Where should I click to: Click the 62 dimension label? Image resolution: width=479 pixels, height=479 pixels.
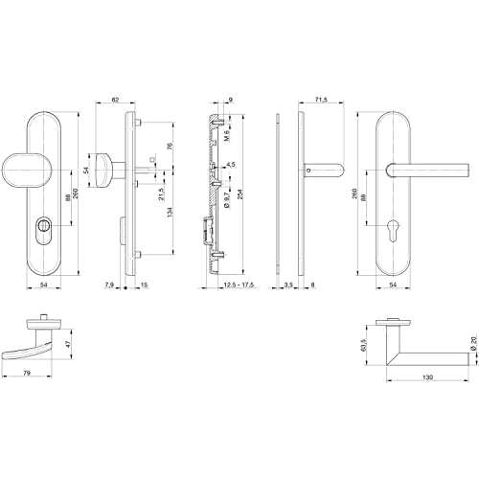[x=115, y=100]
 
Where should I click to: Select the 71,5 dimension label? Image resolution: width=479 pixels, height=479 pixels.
[x=321, y=100]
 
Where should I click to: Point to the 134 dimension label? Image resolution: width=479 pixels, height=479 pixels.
[x=171, y=213]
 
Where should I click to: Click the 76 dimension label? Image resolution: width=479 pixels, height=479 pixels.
[x=171, y=147]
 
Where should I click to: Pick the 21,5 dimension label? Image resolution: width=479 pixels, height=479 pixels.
[x=162, y=194]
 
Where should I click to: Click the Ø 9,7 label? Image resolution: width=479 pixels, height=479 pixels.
[x=226, y=199]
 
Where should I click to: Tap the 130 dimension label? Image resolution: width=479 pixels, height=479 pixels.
[x=427, y=377]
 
